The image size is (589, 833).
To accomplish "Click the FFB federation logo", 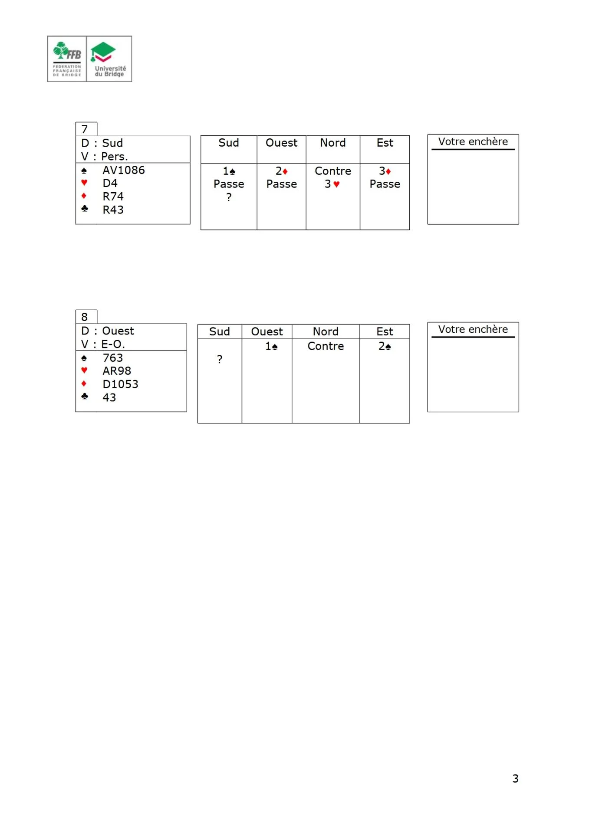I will [67, 59].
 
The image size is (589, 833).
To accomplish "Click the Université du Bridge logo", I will [109, 59].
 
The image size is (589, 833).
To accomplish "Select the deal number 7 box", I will [86, 129].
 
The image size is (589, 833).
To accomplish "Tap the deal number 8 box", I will [86, 317].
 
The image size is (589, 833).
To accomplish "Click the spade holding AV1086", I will [123, 170].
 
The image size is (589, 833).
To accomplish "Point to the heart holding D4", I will [110, 183].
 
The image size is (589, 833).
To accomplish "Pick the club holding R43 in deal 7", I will [113, 210].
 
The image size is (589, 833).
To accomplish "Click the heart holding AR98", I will [116, 371].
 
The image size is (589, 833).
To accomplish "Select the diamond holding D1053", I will [120, 384].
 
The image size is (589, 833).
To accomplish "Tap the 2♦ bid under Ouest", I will [281, 171].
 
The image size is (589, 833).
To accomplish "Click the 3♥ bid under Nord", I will [332, 184].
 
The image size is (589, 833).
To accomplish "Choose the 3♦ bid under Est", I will [385, 171].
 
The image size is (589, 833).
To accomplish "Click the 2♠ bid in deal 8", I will [385, 346].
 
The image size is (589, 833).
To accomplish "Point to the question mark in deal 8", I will [220, 359].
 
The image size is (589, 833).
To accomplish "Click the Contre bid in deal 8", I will [326, 346].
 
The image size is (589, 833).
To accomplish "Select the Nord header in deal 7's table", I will [332, 143].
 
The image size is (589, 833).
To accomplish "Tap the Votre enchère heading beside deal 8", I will [473, 329].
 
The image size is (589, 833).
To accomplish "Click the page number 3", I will [515, 778].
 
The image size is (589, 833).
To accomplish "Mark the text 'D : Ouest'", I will [108, 331].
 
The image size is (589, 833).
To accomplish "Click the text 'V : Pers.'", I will [105, 157].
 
